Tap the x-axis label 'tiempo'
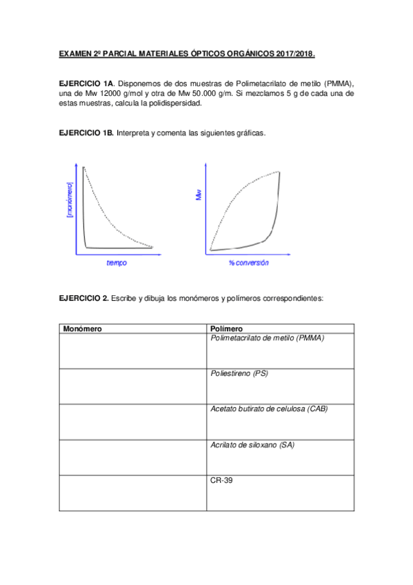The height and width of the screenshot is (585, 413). point(117,263)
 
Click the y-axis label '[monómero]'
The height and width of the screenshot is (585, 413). point(70,199)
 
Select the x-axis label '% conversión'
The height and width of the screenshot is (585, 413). point(249,263)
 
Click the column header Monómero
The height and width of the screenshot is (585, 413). point(82,329)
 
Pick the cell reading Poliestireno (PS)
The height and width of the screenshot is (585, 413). point(239,373)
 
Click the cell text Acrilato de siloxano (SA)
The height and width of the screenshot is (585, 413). point(252,445)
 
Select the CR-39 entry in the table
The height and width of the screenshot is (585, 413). point(221,480)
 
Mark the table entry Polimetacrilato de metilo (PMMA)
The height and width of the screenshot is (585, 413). point(267,338)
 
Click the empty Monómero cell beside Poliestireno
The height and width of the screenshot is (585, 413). point(133,386)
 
